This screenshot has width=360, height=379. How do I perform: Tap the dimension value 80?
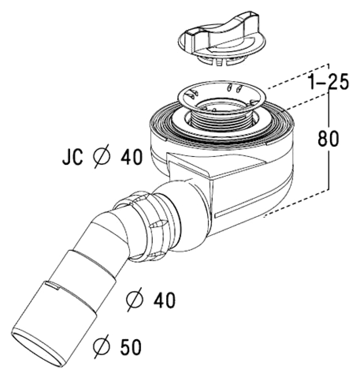[328, 138]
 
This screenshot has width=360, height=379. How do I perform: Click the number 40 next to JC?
[132, 157]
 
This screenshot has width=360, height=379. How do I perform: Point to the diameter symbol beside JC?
[101, 157]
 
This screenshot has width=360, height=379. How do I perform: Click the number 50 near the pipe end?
[130, 347]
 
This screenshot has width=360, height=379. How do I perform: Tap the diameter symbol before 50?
[101, 346]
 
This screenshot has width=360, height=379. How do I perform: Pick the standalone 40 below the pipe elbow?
[165, 300]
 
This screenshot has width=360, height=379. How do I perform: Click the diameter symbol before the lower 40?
[135, 299]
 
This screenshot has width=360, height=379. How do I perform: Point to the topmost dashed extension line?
[298, 76]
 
